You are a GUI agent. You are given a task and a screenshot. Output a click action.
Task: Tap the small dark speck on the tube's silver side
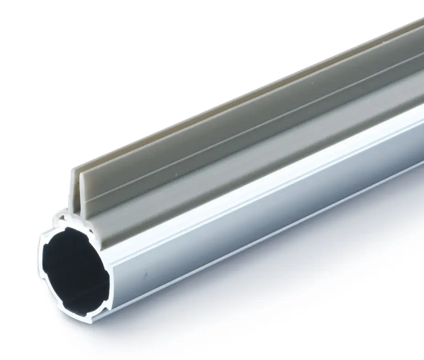[x=145, y=275]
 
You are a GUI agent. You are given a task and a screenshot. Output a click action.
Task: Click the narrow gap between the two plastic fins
[x=79, y=183]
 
